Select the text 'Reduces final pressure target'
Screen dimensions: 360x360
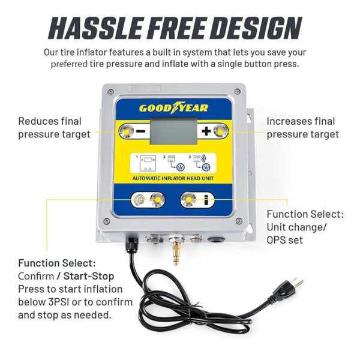pyautogui.click(x=54, y=128)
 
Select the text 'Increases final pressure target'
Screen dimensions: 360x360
pyautogui.click(x=303, y=128)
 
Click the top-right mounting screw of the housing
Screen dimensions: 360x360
pyautogui.click(x=238, y=91)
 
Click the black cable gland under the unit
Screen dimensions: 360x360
pyautogui.click(x=130, y=243)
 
